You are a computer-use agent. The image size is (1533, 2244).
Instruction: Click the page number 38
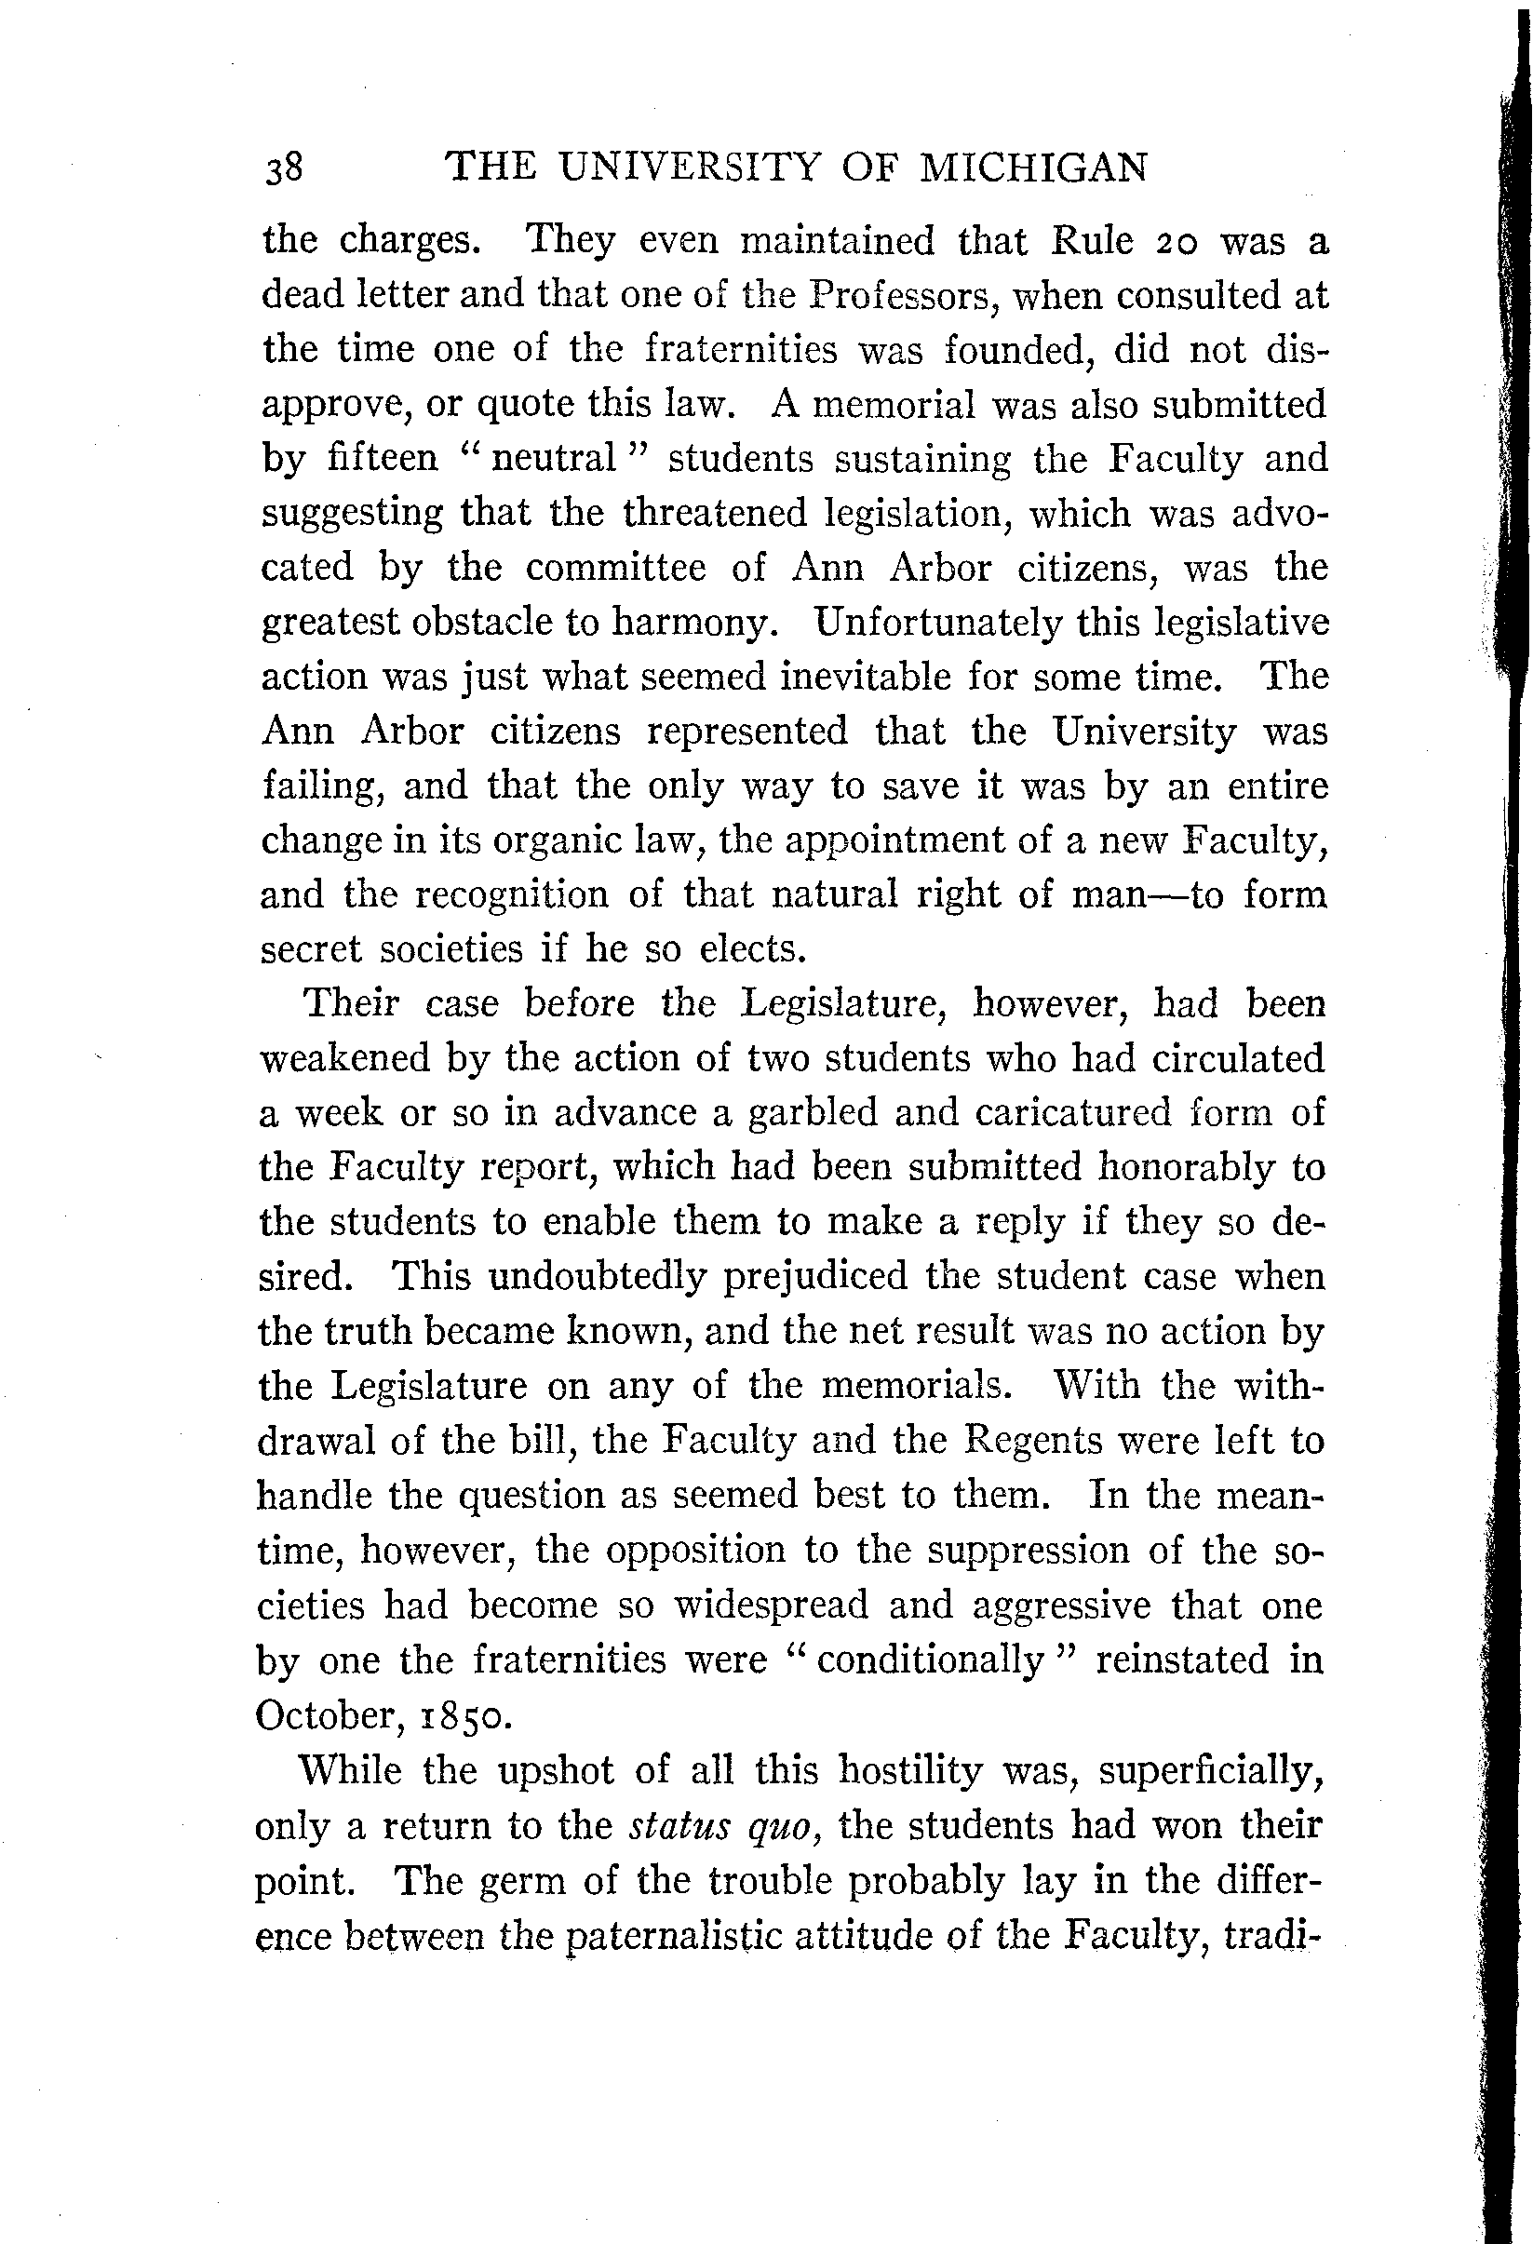[284, 168]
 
